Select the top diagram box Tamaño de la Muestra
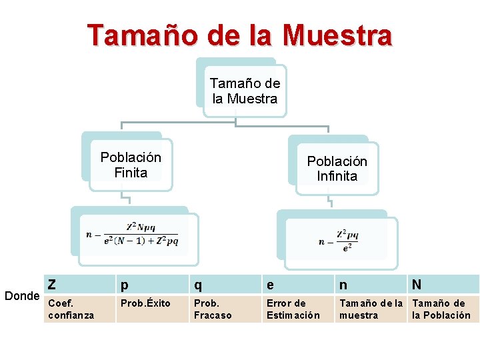coord(245,91)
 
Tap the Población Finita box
coord(131,165)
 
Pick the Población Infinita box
coord(337,169)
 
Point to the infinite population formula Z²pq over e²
coord(339,239)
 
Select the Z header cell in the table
coord(79,285)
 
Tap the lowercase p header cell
coord(153,285)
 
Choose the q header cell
coord(225,285)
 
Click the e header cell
coord(298,285)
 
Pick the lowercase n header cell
coord(371,285)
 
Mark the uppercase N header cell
coord(443,285)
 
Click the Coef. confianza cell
coord(79,309)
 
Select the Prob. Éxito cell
coord(153,309)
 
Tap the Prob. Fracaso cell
coord(225,309)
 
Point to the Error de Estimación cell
coord(298,309)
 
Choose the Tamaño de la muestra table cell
coord(371,309)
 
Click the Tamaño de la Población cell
coord(443,309)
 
